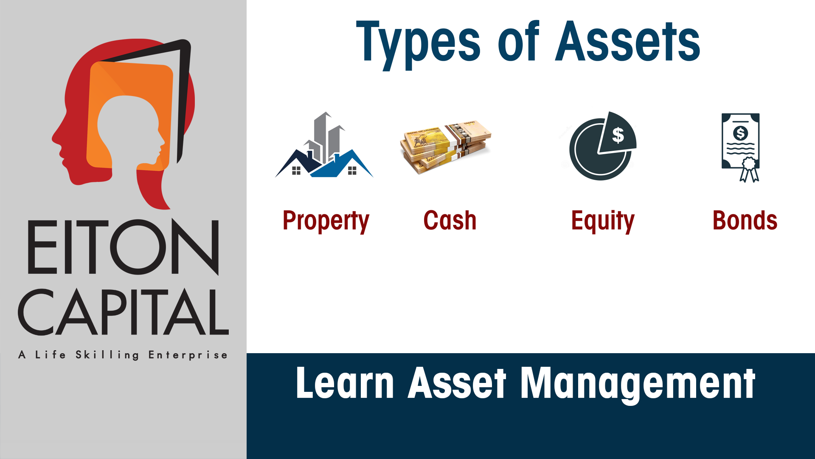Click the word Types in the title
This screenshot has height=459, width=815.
tap(418, 42)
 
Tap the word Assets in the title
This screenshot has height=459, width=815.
tap(627, 42)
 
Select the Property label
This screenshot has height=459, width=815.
tap(326, 221)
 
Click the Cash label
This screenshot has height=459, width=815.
tap(450, 221)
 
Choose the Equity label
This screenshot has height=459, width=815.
tap(603, 221)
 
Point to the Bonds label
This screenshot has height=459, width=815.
tap(745, 221)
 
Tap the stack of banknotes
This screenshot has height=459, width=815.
tap(445, 147)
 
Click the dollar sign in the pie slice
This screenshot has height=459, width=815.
tap(618, 135)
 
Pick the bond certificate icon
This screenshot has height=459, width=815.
tap(741, 147)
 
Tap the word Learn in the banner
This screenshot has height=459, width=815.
tap(345, 383)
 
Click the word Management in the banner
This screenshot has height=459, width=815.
tap(638, 383)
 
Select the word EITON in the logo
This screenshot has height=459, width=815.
tap(123, 247)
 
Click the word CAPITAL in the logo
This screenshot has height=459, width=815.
tap(123, 312)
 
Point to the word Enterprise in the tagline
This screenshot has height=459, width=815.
tap(188, 355)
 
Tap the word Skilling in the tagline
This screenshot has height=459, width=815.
tap(107, 355)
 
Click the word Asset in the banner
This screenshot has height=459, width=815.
tap(457, 383)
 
